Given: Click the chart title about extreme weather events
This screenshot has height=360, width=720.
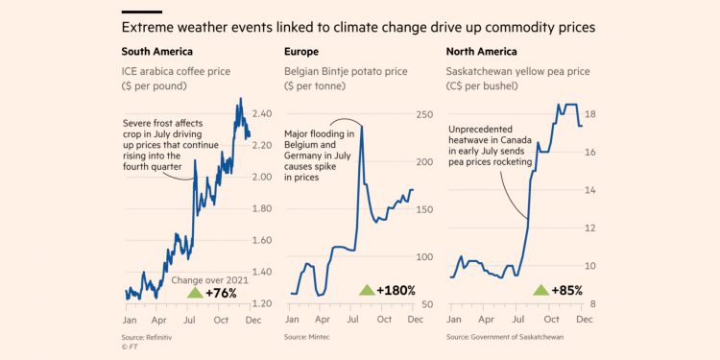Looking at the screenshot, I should coord(358,28).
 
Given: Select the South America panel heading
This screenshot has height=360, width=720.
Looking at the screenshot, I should coord(156,52).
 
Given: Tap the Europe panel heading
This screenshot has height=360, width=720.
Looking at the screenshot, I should coord(301,52).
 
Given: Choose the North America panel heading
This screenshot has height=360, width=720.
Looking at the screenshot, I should coord(483,52).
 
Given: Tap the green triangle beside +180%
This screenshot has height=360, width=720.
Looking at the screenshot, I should coord(367,290).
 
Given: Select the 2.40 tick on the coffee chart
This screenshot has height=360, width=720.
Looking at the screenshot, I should coord(262,113).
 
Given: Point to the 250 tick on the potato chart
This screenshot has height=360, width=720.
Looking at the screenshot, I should coord(423,115).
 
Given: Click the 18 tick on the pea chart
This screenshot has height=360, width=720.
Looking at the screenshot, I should coord(591,114).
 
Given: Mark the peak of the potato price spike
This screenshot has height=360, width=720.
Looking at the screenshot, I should coord(362,124).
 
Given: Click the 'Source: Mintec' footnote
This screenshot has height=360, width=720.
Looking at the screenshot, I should coord(308,338).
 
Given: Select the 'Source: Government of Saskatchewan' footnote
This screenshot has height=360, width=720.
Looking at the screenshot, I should coord(504,338).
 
